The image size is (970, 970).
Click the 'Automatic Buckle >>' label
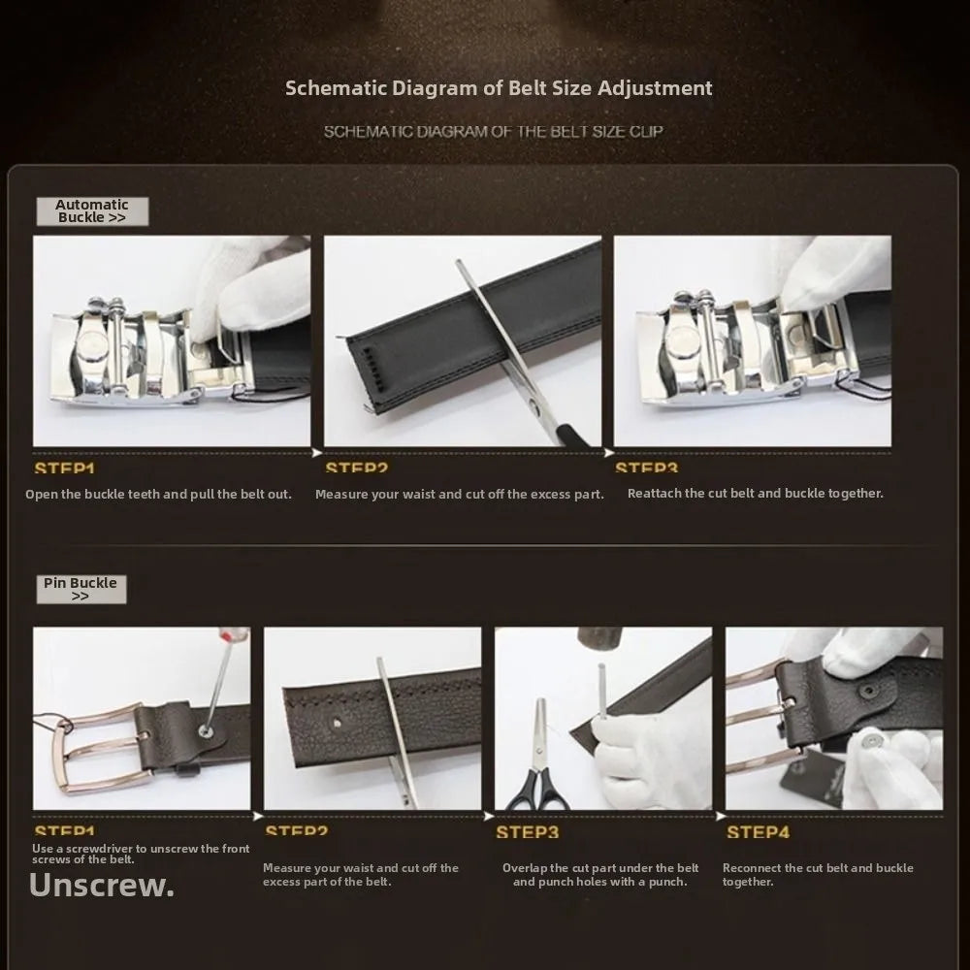[92, 211]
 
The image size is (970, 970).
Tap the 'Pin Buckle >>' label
[81, 589]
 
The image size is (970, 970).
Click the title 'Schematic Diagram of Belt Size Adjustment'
[499, 88]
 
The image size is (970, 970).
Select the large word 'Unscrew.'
[102, 885]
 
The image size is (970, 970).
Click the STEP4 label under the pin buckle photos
[758, 832]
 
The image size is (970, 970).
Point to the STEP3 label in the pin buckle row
[527, 832]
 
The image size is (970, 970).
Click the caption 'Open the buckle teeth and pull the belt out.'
[158, 494]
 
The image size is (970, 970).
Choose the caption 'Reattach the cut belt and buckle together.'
[755, 493]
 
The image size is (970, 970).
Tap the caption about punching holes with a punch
[600, 875]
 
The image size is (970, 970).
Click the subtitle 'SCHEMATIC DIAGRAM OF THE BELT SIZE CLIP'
[493, 131]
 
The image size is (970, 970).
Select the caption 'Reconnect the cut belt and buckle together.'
[818, 875]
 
